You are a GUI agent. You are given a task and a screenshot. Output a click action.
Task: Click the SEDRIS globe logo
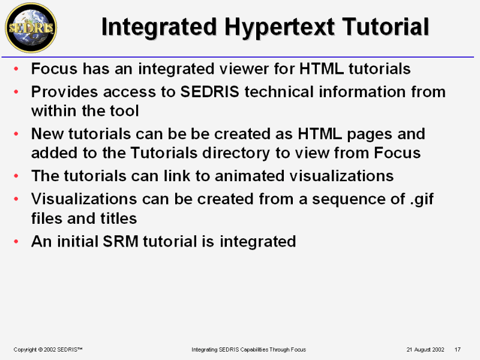(x=31, y=28)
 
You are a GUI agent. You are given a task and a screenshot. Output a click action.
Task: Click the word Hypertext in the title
(x=280, y=28)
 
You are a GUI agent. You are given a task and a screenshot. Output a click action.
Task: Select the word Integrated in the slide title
(x=159, y=28)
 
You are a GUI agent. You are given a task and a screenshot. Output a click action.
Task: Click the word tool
(x=124, y=110)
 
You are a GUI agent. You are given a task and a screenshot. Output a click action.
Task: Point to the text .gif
(x=422, y=200)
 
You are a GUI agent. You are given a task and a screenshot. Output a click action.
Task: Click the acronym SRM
(x=121, y=241)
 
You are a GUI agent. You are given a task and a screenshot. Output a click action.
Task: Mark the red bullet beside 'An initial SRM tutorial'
(x=16, y=242)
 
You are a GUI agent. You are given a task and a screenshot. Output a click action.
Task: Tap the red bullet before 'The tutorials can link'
(x=16, y=176)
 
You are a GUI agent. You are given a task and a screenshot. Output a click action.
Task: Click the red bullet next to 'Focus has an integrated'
(x=16, y=68)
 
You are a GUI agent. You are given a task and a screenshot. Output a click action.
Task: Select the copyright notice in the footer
(x=48, y=349)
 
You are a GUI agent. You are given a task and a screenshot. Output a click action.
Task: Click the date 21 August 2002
(x=425, y=349)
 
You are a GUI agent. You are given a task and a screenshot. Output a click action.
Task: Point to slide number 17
(x=457, y=349)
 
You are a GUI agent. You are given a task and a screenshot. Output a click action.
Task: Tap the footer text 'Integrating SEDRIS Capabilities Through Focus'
(x=248, y=349)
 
